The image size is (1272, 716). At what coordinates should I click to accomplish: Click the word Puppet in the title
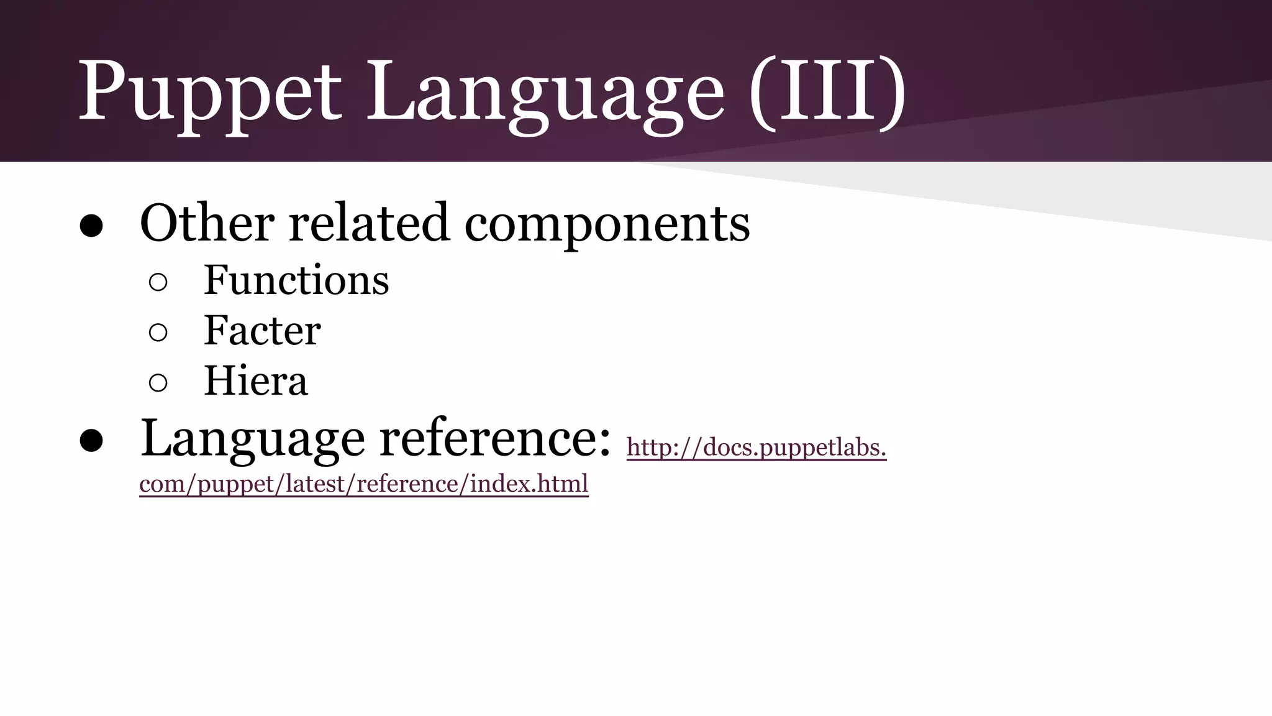(x=209, y=93)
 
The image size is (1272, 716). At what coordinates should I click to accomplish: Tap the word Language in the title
(x=545, y=93)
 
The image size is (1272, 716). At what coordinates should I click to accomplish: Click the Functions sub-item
(x=296, y=280)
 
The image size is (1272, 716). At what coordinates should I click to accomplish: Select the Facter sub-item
(x=262, y=331)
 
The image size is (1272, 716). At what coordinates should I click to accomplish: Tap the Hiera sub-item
(x=255, y=381)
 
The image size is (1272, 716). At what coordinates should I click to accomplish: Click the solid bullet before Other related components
(x=91, y=226)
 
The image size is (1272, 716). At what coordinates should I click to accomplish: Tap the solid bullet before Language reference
(x=91, y=441)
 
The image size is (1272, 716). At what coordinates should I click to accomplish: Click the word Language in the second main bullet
(x=252, y=440)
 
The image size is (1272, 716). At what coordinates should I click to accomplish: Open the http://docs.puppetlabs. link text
(x=756, y=447)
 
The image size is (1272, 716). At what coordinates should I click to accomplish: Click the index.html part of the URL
(x=529, y=484)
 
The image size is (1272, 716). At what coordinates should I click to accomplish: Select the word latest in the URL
(x=316, y=484)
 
